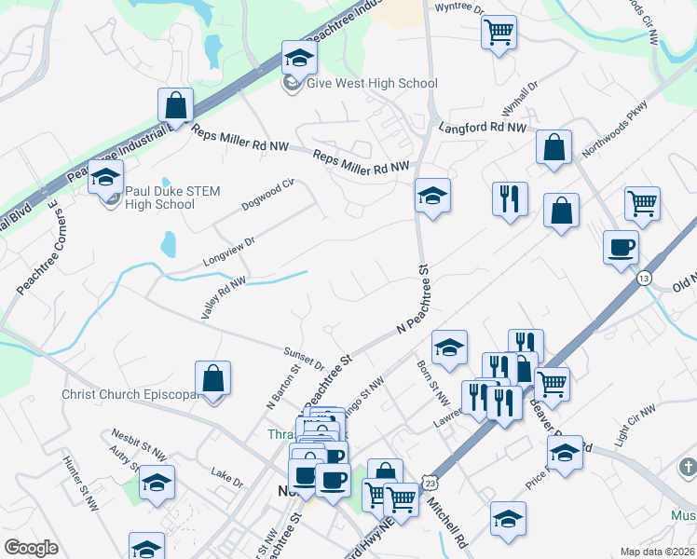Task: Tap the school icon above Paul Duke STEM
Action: click(x=106, y=177)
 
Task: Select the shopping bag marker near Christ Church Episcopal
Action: click(x=213, y=379)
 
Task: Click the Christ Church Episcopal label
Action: click(x=130, y=394)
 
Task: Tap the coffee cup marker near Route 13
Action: click(x=621, y=248)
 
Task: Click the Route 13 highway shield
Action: click(x=644, y=278)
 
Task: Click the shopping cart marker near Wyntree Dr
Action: click(x=499, y=32)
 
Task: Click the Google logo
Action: click(x=32, y=548)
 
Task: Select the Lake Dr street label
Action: click(x=226, y=482)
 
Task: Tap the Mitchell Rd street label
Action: click(x=447, y=521)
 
